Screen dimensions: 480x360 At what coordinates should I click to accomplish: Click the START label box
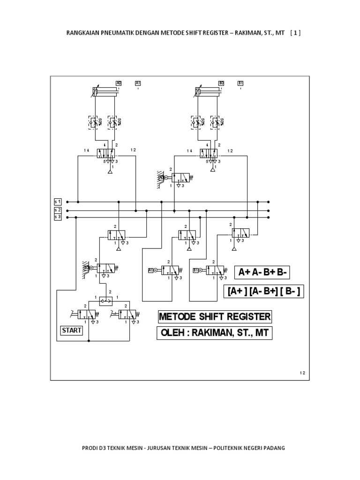tap(72, 330)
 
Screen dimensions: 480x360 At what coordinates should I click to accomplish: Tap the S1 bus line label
tap(58, 202)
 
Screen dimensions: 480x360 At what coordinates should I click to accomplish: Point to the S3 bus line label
tap(58, 217)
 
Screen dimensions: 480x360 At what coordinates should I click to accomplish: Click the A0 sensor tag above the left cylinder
tap(119, 83)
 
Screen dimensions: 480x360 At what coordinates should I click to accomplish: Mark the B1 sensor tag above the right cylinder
tap(240, 83)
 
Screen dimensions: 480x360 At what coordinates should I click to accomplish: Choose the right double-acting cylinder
tap(207, 92)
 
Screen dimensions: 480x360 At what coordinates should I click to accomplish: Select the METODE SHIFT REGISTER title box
tap(215, 317)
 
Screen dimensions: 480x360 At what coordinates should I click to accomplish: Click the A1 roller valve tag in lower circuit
tap(151, 270)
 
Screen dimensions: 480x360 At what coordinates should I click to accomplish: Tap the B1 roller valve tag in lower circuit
tap(196, 270)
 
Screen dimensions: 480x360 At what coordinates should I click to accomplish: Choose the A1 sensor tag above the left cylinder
tap(138, 83)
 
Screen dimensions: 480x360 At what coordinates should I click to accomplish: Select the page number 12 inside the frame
tap(302, 373)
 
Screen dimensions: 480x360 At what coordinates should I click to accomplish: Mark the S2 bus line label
tap(58, 210)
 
